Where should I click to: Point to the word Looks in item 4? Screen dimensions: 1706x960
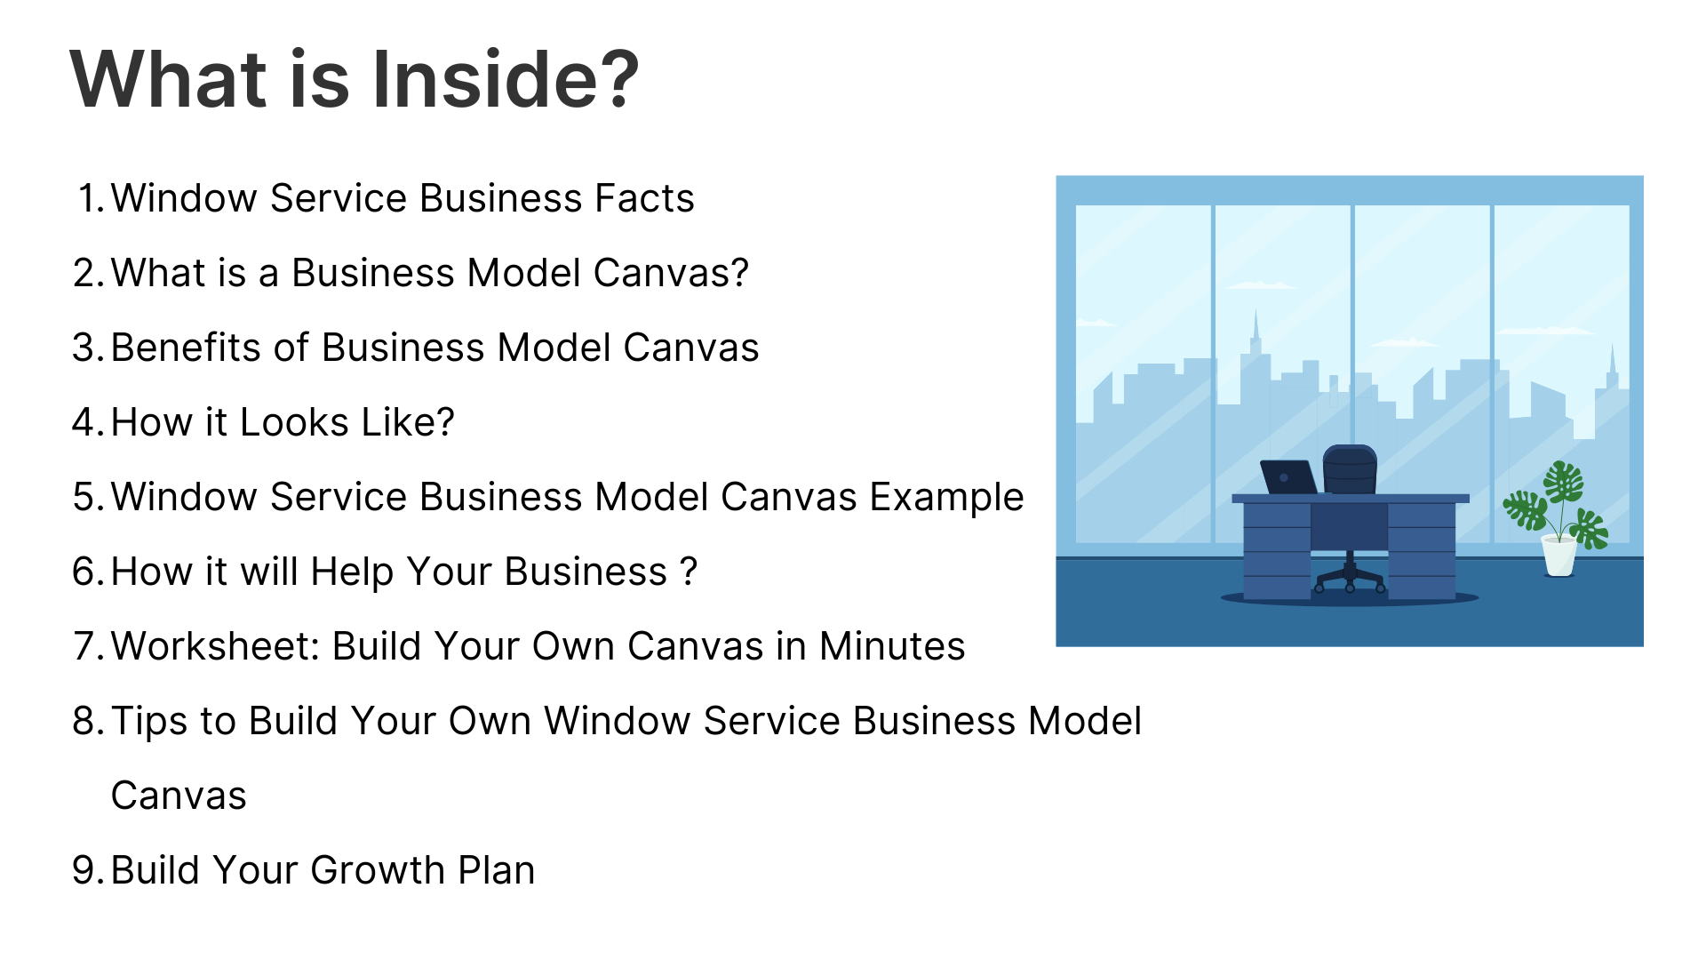294,422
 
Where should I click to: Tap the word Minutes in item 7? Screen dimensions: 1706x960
892,646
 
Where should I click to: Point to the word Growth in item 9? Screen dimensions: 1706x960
378,870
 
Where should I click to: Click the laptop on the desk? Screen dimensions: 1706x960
1288,477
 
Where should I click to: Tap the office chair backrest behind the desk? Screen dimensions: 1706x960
1350,469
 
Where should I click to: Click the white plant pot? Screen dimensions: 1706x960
1559,556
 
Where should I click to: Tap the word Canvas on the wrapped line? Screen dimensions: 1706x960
179,796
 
